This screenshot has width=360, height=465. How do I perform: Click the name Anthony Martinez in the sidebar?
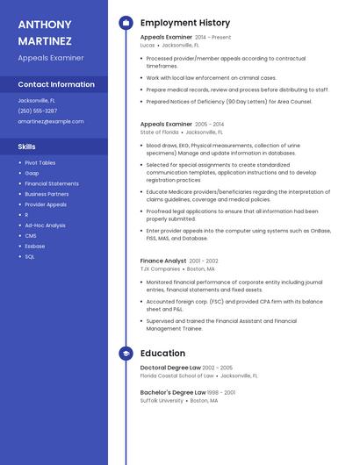pos(45,32)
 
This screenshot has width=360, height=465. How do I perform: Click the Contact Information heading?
pos(56,84)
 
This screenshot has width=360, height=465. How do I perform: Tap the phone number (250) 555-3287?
pos(37,111)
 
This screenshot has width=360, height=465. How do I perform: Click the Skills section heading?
pos(27,147)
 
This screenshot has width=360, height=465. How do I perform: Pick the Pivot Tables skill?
pos(40,162)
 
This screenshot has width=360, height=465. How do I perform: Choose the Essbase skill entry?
pos(35,246)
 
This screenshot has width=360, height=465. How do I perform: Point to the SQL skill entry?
pos(30,256)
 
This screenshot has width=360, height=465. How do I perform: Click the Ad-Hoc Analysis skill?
pos(45,225)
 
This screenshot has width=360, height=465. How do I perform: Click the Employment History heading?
pos(185,23)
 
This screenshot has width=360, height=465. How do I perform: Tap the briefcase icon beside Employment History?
pos(126,23)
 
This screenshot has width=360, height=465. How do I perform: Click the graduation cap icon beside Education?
pos(126,354)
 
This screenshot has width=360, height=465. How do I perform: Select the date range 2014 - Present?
pos(213,38)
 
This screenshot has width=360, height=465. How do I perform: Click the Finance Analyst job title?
pos(163,261)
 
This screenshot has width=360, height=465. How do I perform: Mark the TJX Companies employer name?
pos(160,268)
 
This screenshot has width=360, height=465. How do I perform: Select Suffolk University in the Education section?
pos(162,400)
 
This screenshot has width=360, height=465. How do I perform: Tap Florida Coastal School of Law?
pos(176,376)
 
